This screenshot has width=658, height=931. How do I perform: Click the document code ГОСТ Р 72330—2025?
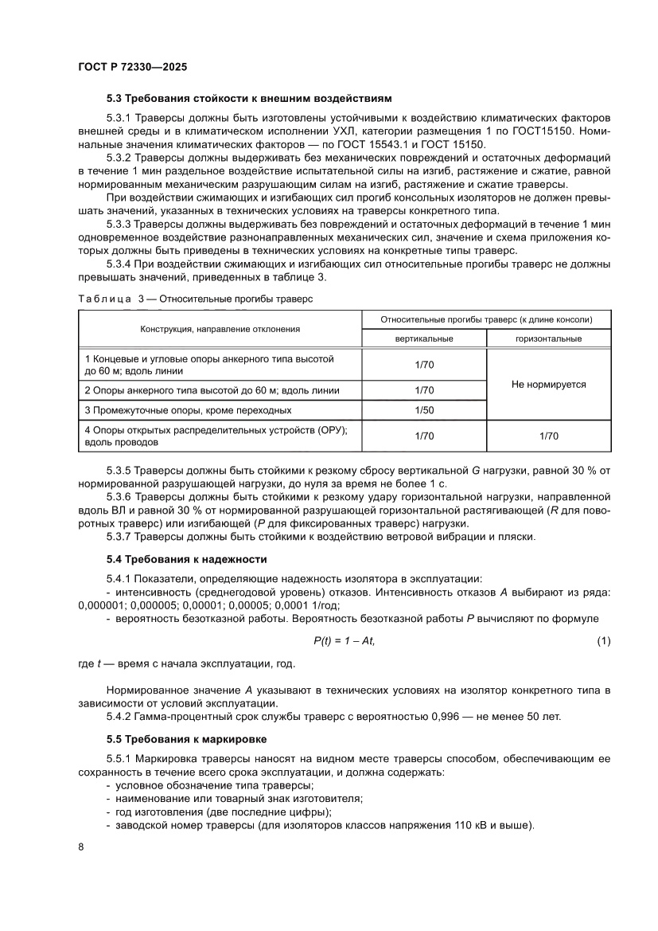point(132,68)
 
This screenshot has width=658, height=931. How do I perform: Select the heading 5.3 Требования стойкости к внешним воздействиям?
point(249,100)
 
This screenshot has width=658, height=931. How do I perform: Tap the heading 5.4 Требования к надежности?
point(187,560)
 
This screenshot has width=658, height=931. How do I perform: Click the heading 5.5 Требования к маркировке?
point(187,738)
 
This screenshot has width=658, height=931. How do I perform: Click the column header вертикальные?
point(424,338)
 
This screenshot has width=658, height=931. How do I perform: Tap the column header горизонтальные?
point(548,338)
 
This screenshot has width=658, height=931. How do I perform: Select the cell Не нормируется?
point(548,384)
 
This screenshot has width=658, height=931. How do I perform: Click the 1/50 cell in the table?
point(424,410)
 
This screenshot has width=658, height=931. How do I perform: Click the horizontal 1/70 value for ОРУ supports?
point(548,436)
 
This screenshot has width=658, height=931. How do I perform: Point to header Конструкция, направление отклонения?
point(220,328)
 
